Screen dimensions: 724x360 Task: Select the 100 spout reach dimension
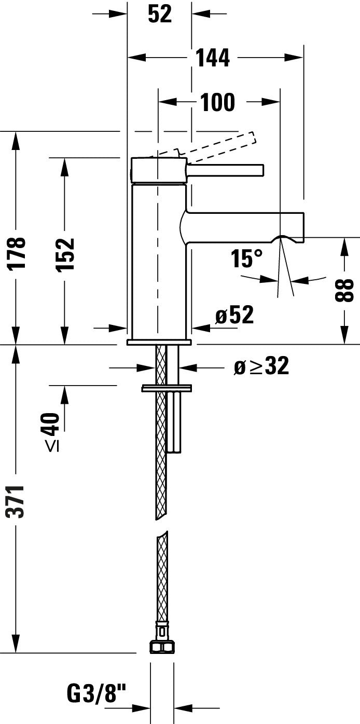(217, 102)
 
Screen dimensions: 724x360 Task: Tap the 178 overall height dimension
(17, 253)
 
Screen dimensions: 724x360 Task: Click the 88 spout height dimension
(344, 290)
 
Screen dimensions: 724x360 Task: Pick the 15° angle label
(247, 258)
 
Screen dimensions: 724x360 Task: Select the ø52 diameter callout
(234, 315)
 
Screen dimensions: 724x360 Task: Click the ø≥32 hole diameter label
(261, 367)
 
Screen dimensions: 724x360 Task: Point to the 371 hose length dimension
(17, 501)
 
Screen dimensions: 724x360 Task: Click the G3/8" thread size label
(96, 692)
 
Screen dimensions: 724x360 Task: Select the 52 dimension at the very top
(159, 14)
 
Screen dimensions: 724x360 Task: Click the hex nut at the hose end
(162, 646)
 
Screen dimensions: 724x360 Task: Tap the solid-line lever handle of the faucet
(226, 170)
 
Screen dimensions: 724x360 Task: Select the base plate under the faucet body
(159, 343)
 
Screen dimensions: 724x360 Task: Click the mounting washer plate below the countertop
(166, 388)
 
